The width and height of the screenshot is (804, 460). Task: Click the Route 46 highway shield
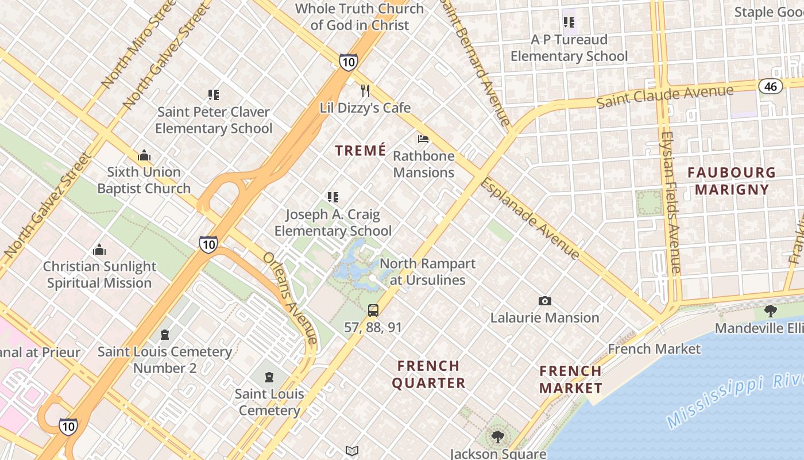pos(770,86)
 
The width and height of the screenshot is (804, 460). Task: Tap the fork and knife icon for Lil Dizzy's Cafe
pos(365,91)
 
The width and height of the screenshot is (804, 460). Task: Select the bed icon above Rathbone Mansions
pos(423,139)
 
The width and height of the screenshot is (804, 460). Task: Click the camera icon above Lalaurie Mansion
pos(544,301)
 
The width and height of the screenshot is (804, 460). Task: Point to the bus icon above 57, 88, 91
pos(373,310)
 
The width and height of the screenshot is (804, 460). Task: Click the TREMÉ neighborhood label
pos(361,151)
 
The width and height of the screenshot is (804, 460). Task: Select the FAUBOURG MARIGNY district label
pos(731,181)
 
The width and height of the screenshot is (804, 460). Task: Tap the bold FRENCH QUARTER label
pos(428,374)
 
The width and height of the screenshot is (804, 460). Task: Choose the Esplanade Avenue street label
pos(529,218)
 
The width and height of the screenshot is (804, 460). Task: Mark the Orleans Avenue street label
pos(290,298)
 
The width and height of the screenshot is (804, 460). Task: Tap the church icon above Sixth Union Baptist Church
pos(144,155)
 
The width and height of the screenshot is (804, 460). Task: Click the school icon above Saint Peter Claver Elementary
pos(214,95)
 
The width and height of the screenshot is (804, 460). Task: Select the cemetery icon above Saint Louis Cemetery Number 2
pos(165,335)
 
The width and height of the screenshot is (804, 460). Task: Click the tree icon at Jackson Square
pos(497,437)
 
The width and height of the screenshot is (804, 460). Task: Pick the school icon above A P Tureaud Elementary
pos(569,23)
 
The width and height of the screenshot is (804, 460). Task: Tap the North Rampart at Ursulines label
pos(427,271)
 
